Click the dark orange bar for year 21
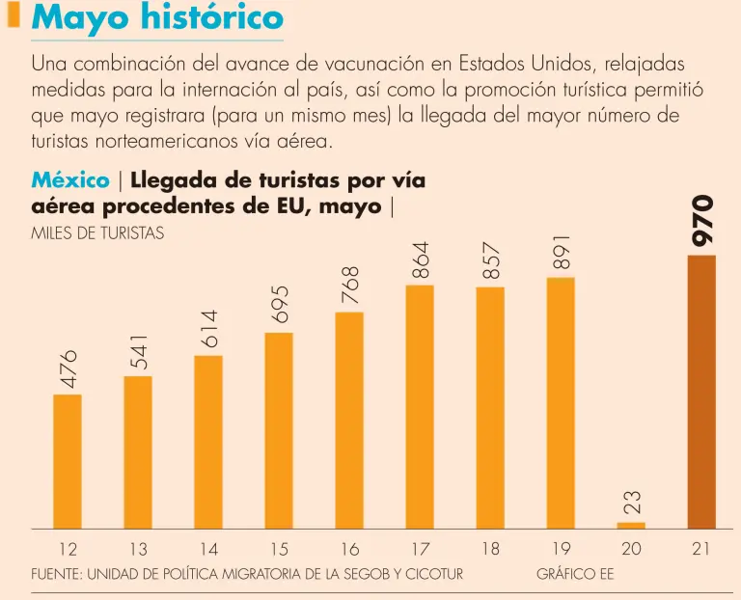tap(701, 391)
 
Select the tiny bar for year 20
tap(631, 525)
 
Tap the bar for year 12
tap(68, 461)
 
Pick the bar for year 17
tap(420, 406)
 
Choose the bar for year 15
tap(279, 430)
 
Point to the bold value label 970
tap(702, 219)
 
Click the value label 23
tap(631, 502)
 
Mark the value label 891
tap(562, 252)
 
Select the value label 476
tap(68, 369)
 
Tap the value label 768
tap(349, 286)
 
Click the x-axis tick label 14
tap(208, 550)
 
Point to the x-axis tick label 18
tap(490, 549)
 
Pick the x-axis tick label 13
tap(138, 550)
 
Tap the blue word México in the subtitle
tap(69, 180)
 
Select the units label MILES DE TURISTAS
tap(97, 232)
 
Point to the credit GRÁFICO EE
tap(575, 574)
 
